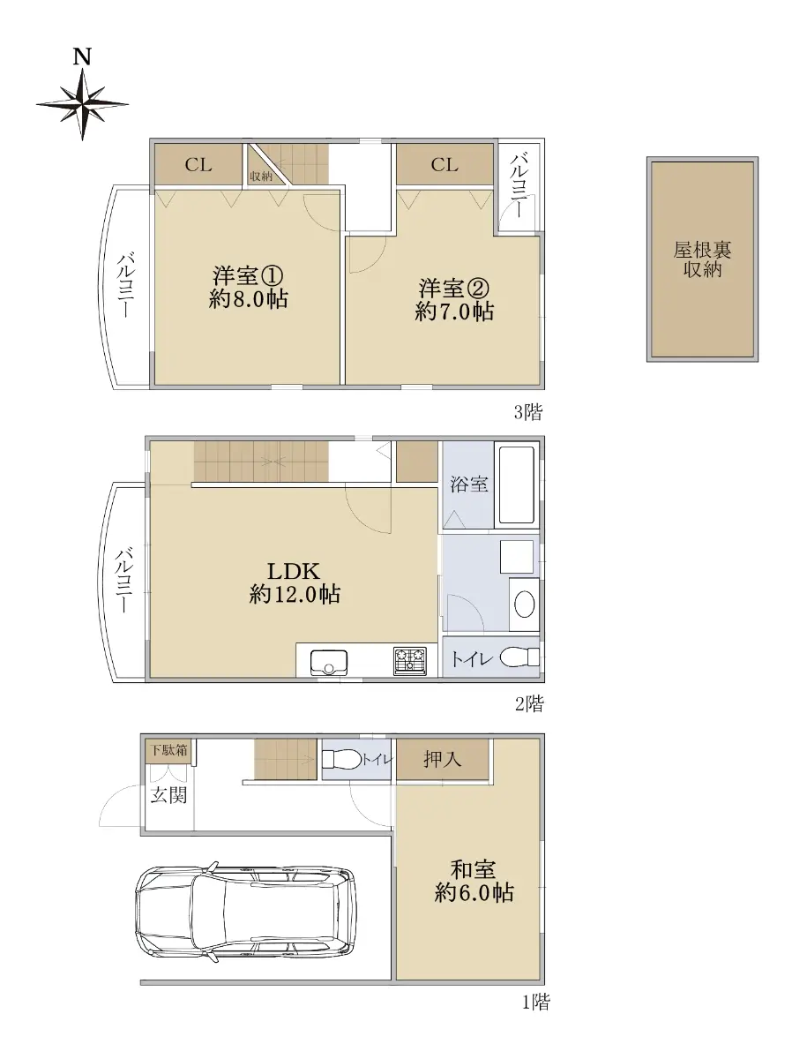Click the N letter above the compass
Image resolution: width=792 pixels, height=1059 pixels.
point(82,57)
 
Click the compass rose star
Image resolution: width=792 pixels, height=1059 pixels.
point(82,104)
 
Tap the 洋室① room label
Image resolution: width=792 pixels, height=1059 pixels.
point(247,275)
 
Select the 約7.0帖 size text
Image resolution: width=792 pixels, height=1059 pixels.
point(454,312)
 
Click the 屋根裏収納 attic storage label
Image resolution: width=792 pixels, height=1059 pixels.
point(702,259)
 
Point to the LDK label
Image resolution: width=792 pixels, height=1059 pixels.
point(294,571)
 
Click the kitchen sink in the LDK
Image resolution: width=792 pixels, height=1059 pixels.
point(329,663)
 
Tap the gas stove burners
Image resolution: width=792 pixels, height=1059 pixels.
point(410,660)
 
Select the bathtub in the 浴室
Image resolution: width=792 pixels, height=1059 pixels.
point(517,484)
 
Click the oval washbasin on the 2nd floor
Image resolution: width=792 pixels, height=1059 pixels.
point(525,604)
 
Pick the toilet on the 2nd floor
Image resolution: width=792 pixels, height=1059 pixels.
point(519,657)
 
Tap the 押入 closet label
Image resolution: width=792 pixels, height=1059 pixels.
point(442,760)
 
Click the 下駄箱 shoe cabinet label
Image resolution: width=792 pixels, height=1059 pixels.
point(168,750)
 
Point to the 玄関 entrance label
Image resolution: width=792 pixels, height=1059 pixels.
point(168,794)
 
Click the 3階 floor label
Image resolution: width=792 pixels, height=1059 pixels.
point(527,412)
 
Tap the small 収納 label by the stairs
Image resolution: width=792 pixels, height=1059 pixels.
point(261,176)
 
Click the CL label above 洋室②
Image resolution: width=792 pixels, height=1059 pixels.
point(444,165)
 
